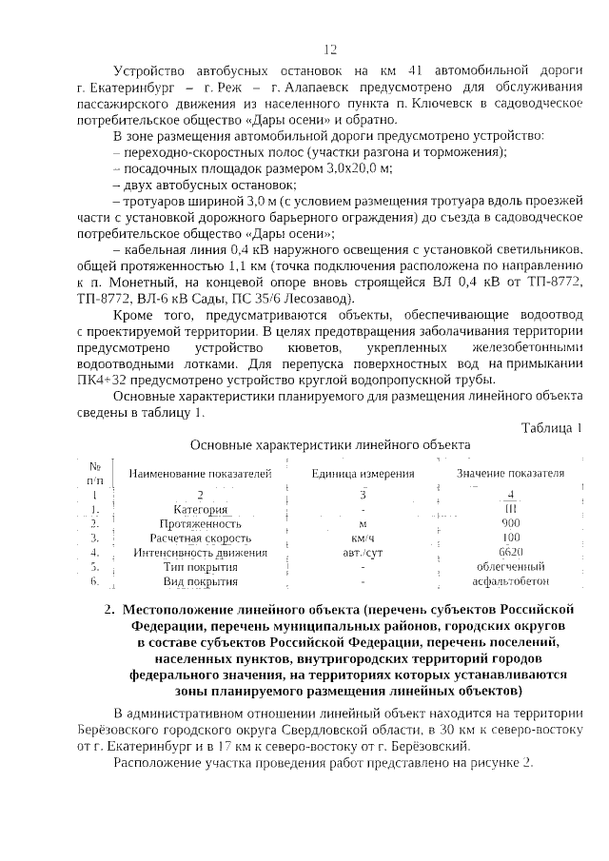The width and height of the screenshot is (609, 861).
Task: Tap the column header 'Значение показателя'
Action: [x=510, y=473]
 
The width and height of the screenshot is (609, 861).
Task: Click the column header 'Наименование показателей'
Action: [x=201, y=474]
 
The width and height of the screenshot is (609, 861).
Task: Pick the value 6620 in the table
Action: [x=511, y=551]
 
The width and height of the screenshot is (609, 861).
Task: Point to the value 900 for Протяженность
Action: [x=511, y=523]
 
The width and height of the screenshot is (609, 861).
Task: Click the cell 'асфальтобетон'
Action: [x=511, y=580]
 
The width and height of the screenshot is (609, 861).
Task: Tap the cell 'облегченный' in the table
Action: [x=511, y=566]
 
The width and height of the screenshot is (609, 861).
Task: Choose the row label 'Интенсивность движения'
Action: [x=200, y=552]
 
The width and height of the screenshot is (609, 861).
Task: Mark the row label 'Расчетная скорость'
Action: [x=200, y=538]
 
